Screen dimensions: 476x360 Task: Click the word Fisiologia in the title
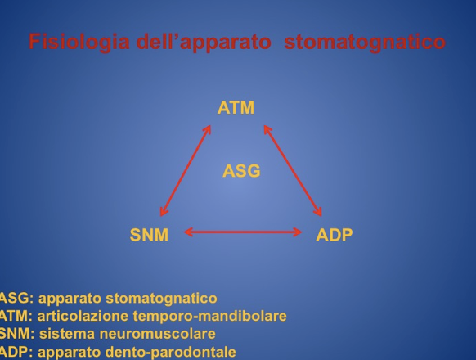tap(79, 43)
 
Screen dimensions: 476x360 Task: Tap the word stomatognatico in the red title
tap(365, 43)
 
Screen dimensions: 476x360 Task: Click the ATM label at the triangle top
tap(236, 108)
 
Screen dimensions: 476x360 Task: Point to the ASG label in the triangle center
tap(241, 171)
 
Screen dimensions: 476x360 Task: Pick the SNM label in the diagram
tap(149, 235)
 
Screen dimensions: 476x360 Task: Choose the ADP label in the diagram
tap(335, 235)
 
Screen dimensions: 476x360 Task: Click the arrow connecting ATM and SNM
tap(186, 170)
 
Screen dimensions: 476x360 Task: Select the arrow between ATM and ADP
tap(293, 170)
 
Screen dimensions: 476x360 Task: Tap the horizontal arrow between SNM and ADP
tap(243, 232)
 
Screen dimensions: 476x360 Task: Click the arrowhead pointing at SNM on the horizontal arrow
tap(188, 232)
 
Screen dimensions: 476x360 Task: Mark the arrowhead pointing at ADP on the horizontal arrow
tap(298, 232)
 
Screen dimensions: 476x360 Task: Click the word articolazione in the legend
tap(83, 316)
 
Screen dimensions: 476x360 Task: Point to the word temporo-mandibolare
tap(210, 317)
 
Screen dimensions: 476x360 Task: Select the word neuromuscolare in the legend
tap(158, 334)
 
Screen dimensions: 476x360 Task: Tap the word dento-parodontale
tap(171, 353)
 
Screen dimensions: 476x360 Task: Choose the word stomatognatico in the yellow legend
tap(161, 299)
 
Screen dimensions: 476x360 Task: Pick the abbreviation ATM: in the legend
tap(16, 316)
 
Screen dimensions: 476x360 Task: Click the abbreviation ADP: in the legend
tap(16, 352)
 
